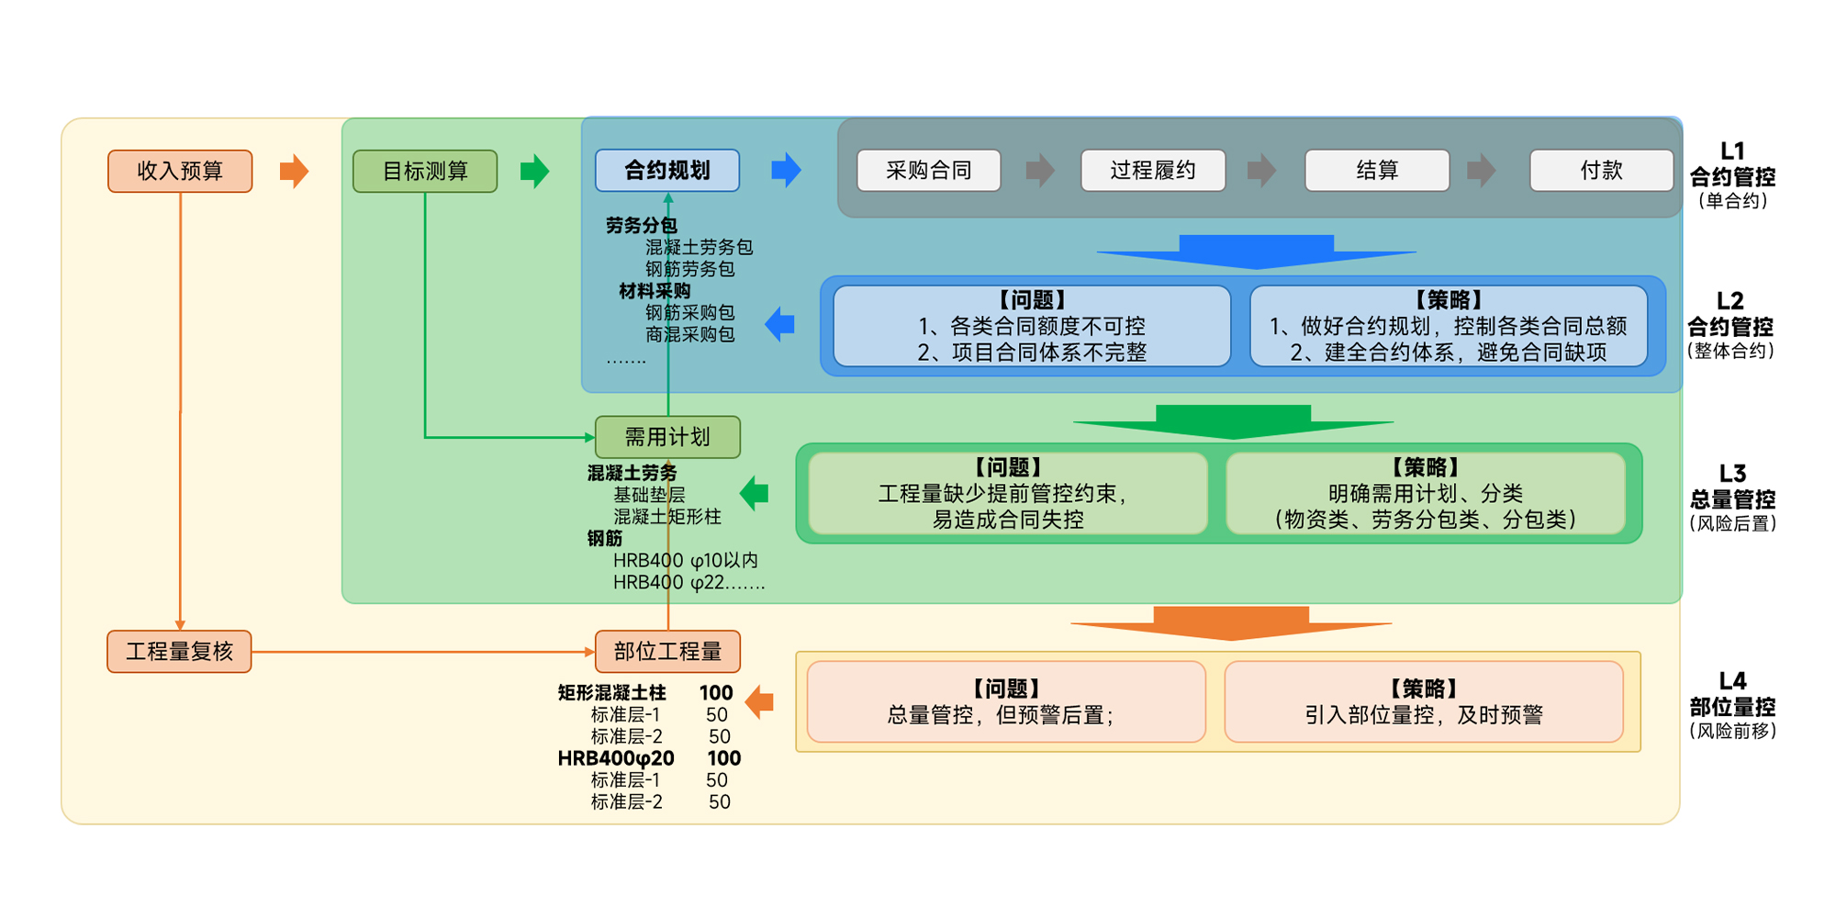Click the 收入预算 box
click(x=180, y=172)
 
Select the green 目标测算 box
click(x=425, y=172)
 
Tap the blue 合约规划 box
click(x=667, y=171)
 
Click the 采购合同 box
click(x=928, y=171)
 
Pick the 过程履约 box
click(x=1153, y=171)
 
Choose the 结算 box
click(x=1377, y=171)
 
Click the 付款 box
click(x=1601, y=171)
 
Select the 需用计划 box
click(x=667, y=437)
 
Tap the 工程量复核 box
click(x=179, y=652)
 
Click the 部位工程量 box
click(x=667, y=652)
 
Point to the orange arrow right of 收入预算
click(x=294, y=171)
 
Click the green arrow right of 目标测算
click(x=534, y=171)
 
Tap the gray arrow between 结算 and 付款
click(x=1481, y=170)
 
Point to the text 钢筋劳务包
click(x=689, y=269)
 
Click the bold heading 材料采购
click(x=654, y=291)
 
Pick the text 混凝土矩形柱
click(x=666, y=517)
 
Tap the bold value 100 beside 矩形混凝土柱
click(x=716, y=693)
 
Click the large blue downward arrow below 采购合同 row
click(x=1256, y=251)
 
